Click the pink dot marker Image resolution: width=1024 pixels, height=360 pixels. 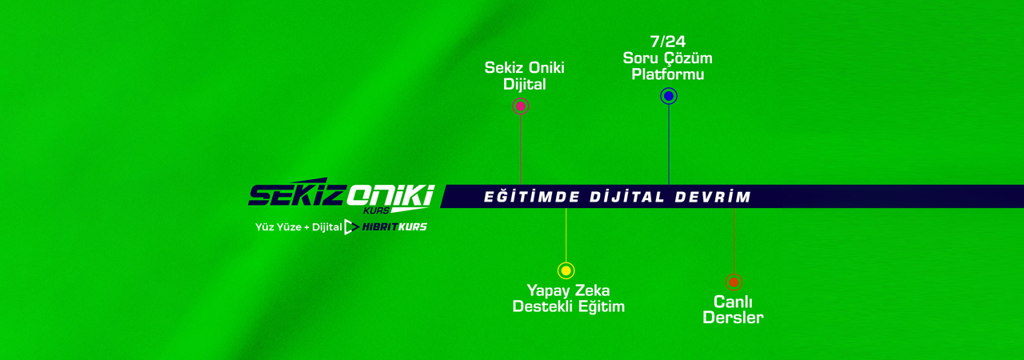pyautogui.click(x=521, y=106)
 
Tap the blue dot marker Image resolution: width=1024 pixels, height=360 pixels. pyautogui.click(x=669, y=96)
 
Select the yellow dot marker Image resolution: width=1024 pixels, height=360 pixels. pyautogui.click(x=566, y=270)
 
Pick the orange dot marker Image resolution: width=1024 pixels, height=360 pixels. pyautogui.click(x=734, y=282)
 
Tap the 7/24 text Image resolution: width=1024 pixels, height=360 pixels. pyautogui.click(x=668, y=42)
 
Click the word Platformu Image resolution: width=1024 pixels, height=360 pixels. pyautogui.click(x=668, y=74)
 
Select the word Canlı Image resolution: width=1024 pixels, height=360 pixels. pyautogui.click(x=733, y=302)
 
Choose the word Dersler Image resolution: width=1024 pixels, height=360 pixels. pyautogui.click(x=733, y=318)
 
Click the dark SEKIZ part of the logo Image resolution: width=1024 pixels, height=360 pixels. pyautogui.click(x=296, y=195)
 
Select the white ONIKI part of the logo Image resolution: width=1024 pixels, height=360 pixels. pyautogui.click(x=390, y=194)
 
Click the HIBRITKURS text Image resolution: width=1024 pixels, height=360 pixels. pyautogui.click(x=394, y=227)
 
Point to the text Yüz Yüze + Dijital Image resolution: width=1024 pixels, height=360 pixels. pyautogui.click(x=298, y=227)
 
